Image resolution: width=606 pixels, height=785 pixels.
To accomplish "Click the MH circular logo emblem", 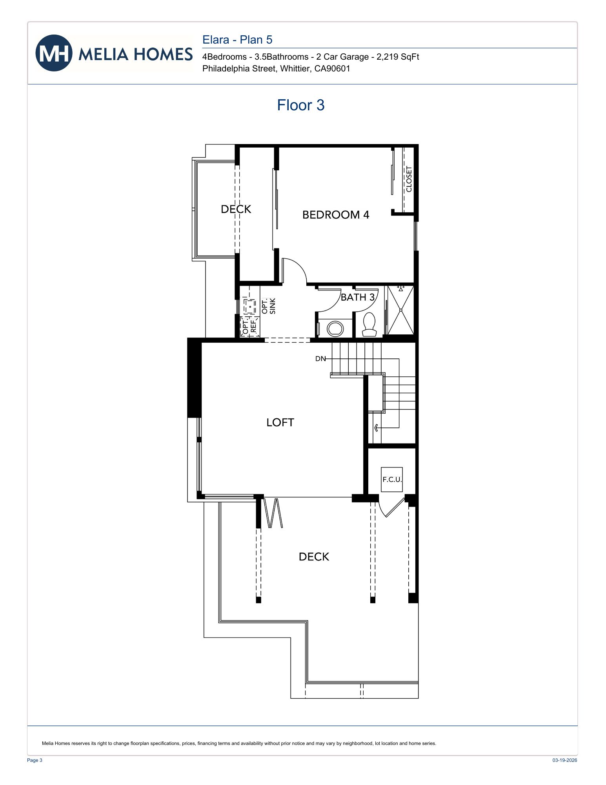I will tap(54, 53).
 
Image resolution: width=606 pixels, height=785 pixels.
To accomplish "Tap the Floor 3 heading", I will tap(300, 105).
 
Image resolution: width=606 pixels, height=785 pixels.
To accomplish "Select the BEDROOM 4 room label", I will tap(335, 215).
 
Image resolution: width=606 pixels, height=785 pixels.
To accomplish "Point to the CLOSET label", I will tap(409, 179).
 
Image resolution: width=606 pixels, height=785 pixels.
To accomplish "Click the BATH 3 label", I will tap(357, 298).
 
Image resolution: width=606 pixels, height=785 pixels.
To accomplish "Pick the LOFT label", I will tap(280, 422).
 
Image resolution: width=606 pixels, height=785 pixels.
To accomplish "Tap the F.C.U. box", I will tap(392, 479).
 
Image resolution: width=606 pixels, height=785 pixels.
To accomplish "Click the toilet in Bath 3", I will tap(369, 324).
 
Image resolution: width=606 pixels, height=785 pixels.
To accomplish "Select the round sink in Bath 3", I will tap(335, 328).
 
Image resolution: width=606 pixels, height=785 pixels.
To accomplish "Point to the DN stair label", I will tap(320, 359).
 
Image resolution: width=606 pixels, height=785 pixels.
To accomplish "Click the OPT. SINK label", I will tap(269, 306).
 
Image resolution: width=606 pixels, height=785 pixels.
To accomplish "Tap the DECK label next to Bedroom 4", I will tap(236, 209).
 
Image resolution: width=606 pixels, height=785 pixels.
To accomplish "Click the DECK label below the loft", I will tap(314, 557).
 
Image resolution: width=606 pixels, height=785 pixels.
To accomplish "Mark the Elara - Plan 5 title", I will tap(237, 40).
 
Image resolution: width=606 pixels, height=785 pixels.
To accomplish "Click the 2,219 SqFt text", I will tap(398, 57).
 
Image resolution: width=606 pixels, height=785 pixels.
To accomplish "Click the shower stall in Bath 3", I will tap(400, 310).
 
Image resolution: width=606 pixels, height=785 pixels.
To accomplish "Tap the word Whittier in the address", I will tap(294, 69).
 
